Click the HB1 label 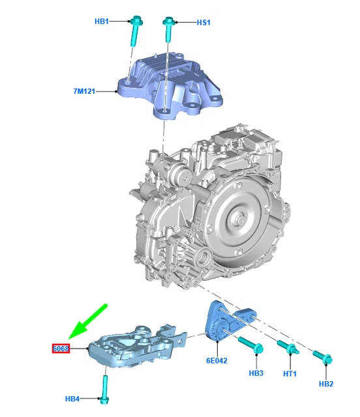102,22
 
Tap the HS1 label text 203,23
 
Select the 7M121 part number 84,91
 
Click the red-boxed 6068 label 61,349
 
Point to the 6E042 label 217,360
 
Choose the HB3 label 256,373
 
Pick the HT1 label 290,374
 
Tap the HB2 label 326,384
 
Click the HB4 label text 72,399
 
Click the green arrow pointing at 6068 87,322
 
